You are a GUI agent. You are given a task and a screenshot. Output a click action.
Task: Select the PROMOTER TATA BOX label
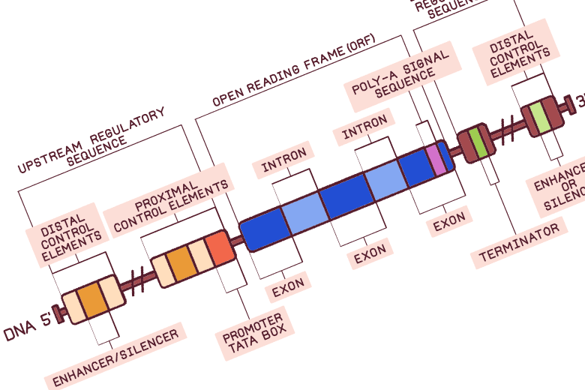click(253, 332)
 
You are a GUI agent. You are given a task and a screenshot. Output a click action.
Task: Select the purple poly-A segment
click(435, 159)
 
